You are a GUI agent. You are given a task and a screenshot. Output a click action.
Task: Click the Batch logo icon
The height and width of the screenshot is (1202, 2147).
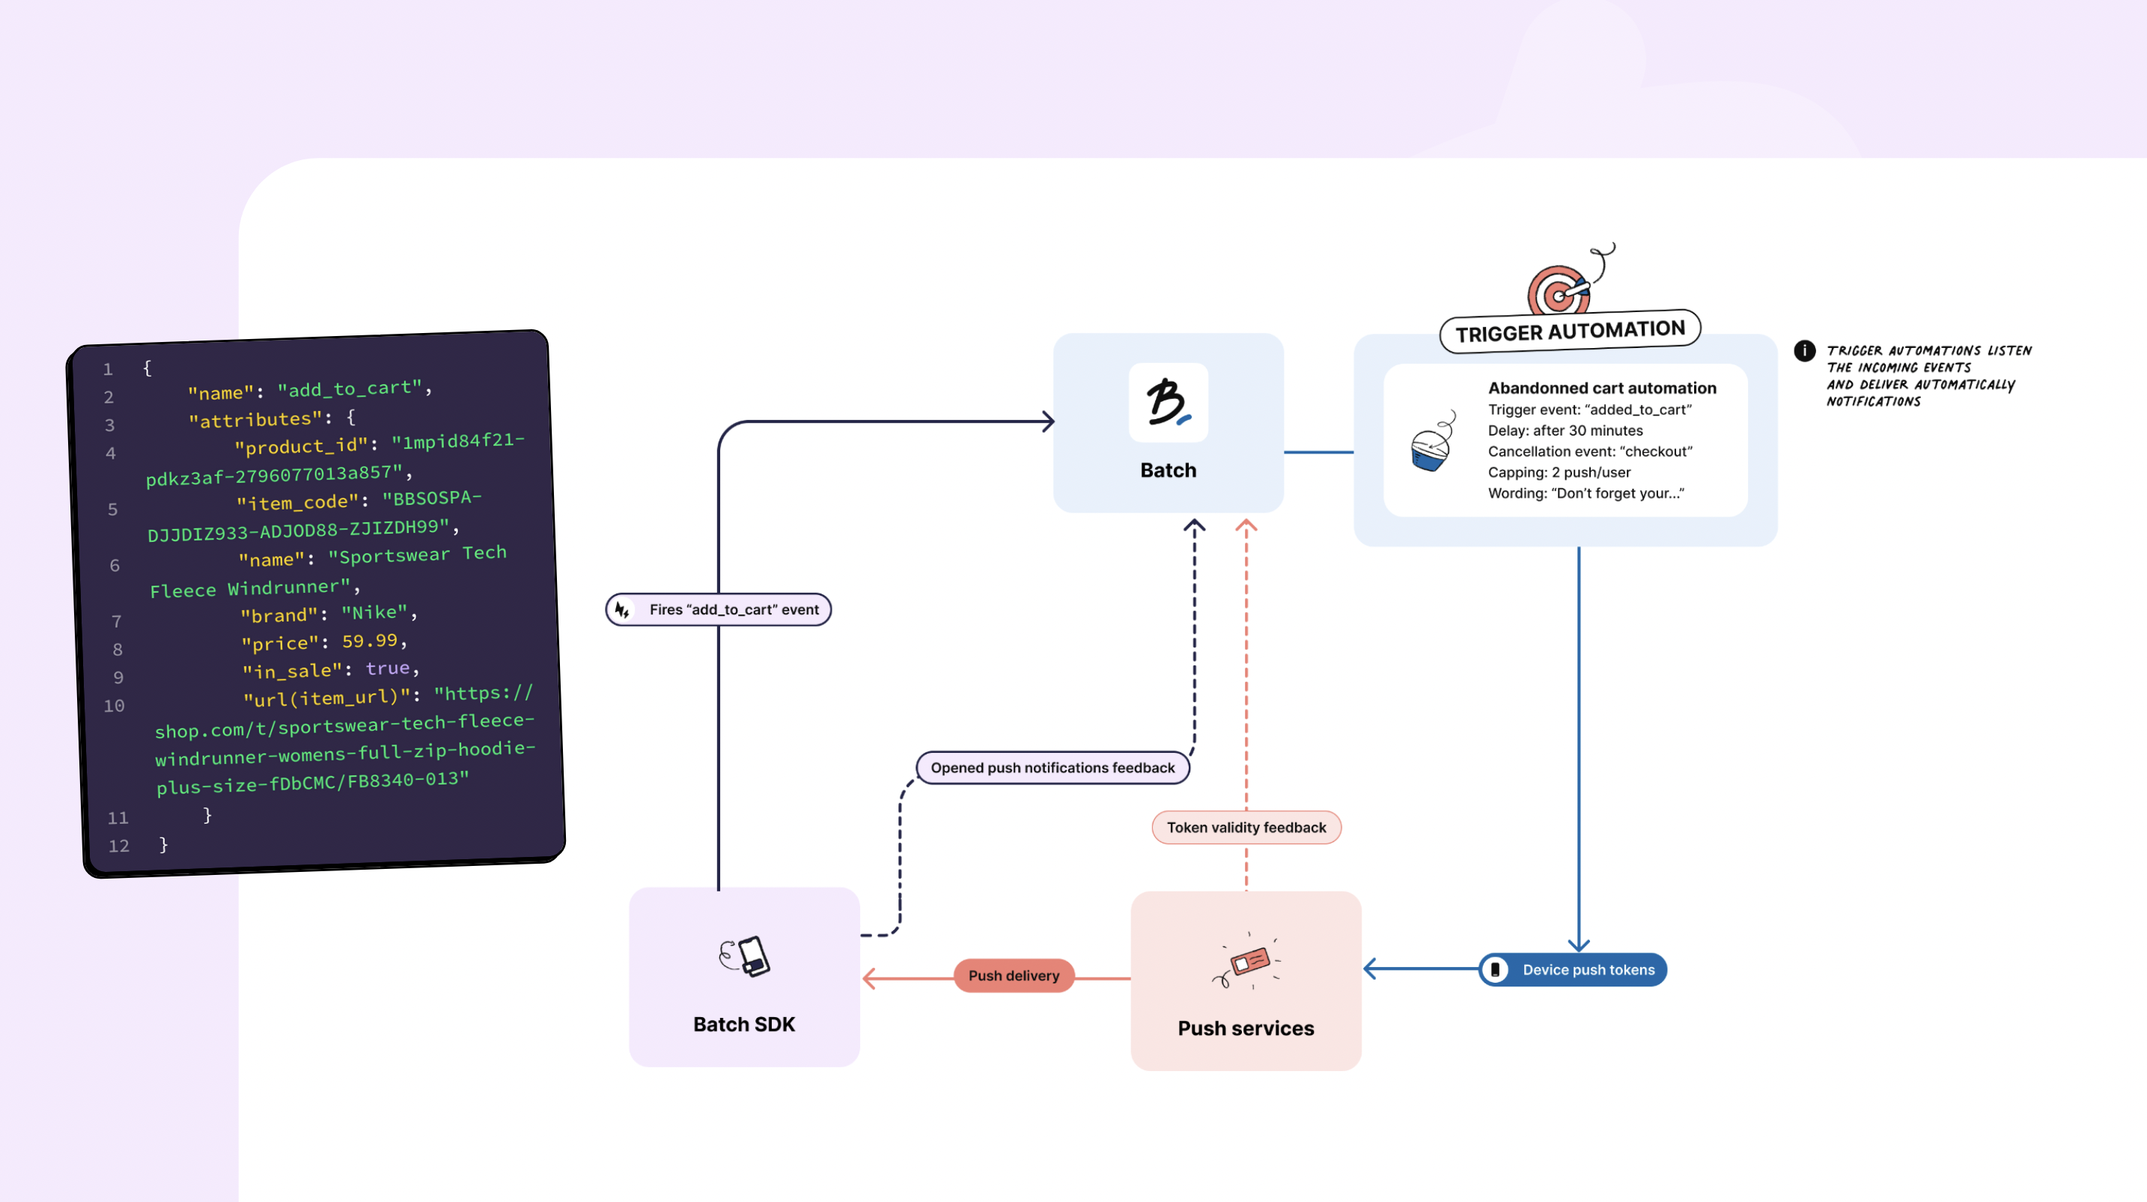pos(1168,403)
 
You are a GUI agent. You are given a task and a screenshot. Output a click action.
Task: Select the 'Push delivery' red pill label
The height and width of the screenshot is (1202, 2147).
pos(1014,975)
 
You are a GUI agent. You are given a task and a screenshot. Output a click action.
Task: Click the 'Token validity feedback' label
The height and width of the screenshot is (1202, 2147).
pos(1246,827)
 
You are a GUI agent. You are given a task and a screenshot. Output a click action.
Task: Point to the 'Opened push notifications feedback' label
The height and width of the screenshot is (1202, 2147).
pos(1052,768)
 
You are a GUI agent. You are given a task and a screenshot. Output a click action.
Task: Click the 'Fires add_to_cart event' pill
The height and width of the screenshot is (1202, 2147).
pos(719,609)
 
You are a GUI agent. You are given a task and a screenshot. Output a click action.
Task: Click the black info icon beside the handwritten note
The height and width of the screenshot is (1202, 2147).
pos(1803,351)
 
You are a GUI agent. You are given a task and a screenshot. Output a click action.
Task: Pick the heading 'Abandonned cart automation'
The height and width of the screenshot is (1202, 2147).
pos(1602,388)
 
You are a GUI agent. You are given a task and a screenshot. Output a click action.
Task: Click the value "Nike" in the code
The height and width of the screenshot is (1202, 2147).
pos(374,613)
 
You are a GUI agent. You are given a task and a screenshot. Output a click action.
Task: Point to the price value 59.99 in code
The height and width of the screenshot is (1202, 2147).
pos(369,641)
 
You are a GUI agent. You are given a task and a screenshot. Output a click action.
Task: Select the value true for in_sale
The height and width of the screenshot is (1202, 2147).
pos(388,668)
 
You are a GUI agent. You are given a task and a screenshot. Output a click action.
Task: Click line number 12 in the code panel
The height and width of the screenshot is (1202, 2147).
pos(119,845)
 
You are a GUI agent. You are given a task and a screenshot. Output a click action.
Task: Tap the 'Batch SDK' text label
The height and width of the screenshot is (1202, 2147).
pos(744,1025)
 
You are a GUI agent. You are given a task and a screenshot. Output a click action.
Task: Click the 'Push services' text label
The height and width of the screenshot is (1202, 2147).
pos(1246,1028)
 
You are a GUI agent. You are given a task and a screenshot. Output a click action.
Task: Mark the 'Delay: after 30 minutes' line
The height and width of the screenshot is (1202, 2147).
pos(1565,430)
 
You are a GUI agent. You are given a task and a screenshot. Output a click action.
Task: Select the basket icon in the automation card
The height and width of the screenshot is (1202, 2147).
pos(1431,444)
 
